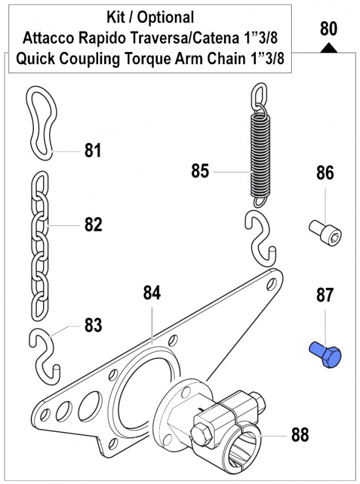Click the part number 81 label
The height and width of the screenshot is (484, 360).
[x=93, y=150]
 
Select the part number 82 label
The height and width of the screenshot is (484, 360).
[x=93, y=225]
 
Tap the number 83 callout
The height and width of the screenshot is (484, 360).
[x=93, y=325]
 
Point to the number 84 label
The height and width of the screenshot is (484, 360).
[x=152, y=293]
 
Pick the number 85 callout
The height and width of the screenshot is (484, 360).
[x=200, y=171]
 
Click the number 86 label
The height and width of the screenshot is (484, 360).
[x=324, y=174]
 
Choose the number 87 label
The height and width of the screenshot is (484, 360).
[x=324, y=296]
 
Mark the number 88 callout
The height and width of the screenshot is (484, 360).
[x=299, y=434]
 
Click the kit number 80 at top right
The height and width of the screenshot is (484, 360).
[x=327, y=28]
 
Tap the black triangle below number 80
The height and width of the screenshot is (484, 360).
[x=327, y=47]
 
